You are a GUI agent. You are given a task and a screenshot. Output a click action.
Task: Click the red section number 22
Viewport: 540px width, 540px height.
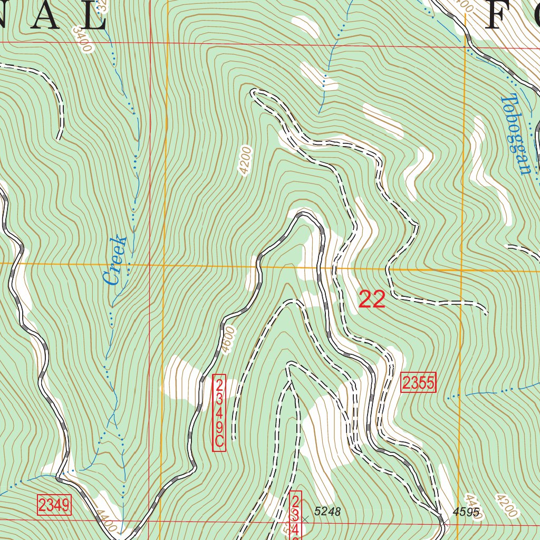pyautogui.click(x=372, y=299)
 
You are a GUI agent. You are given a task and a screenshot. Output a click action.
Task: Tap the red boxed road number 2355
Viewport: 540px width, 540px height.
pyautogui.click(x=419, y=383)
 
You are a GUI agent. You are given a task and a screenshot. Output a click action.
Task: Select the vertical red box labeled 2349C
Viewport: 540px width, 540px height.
pyautogui.click(x=219, y=413)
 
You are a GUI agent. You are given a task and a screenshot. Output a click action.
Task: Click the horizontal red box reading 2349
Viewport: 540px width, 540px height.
pyautogui.click(x=54, y=505)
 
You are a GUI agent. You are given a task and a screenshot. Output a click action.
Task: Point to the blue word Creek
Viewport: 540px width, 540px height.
pyautogui.click(x=115, y=261)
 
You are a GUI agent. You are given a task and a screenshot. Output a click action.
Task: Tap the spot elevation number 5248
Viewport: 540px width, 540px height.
pyautogui.click(x=327, y=511)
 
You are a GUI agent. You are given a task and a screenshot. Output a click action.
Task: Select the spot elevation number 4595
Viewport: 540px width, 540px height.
pyautogui.click(x=466, y=512)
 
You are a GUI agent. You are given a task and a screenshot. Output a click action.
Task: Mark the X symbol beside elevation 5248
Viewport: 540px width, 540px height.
pyautogui.click(x=305, y=519)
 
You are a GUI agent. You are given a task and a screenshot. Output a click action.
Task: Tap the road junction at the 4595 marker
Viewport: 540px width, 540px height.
pyautogui.click(x=443, y=522)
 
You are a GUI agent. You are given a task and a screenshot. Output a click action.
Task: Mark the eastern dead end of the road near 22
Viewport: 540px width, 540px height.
pyautogui.click(x=486, y=313)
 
